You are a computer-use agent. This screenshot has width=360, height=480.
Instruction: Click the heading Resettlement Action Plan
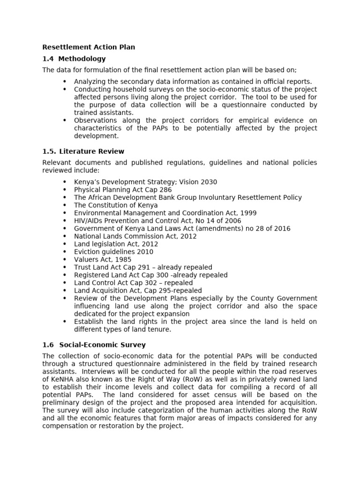click(89, 47)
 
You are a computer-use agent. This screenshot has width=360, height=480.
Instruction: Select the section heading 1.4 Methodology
click(74, 59)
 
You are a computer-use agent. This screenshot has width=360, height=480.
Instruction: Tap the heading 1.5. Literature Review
click(83, 151)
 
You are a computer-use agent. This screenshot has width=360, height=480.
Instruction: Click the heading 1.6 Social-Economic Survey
click(94, 345)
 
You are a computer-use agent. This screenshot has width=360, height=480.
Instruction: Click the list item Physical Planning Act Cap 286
click(123, 190)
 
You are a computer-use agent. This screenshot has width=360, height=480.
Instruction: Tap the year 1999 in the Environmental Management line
click(247, 213)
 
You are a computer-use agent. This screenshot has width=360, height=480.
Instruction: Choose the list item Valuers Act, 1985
click(103, 259)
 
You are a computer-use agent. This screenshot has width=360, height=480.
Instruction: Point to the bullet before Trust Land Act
click(65, 267)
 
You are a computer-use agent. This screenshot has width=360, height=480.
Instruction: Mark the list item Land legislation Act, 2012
click(116, 244)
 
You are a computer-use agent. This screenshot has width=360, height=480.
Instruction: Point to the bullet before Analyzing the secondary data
click(65, 82)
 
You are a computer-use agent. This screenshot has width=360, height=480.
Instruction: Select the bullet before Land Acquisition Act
click(65, 291)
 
